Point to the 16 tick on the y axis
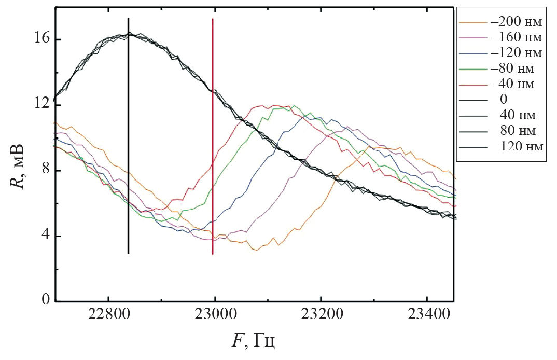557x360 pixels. pyautogui.click(x=41, y=39)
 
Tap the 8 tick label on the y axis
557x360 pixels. pyautogui.click(x=45, y=171)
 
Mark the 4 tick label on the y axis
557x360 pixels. pyautogui.click(x=45, y=236)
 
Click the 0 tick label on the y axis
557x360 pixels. pyautogui.click(x=45, y=301)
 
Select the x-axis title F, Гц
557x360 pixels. pyautogui.click(x=254, y=342)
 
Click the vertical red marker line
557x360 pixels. pyautogui.click(x=213, y=156)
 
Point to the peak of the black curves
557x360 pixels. pyautogui.click(x=129, y=34)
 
